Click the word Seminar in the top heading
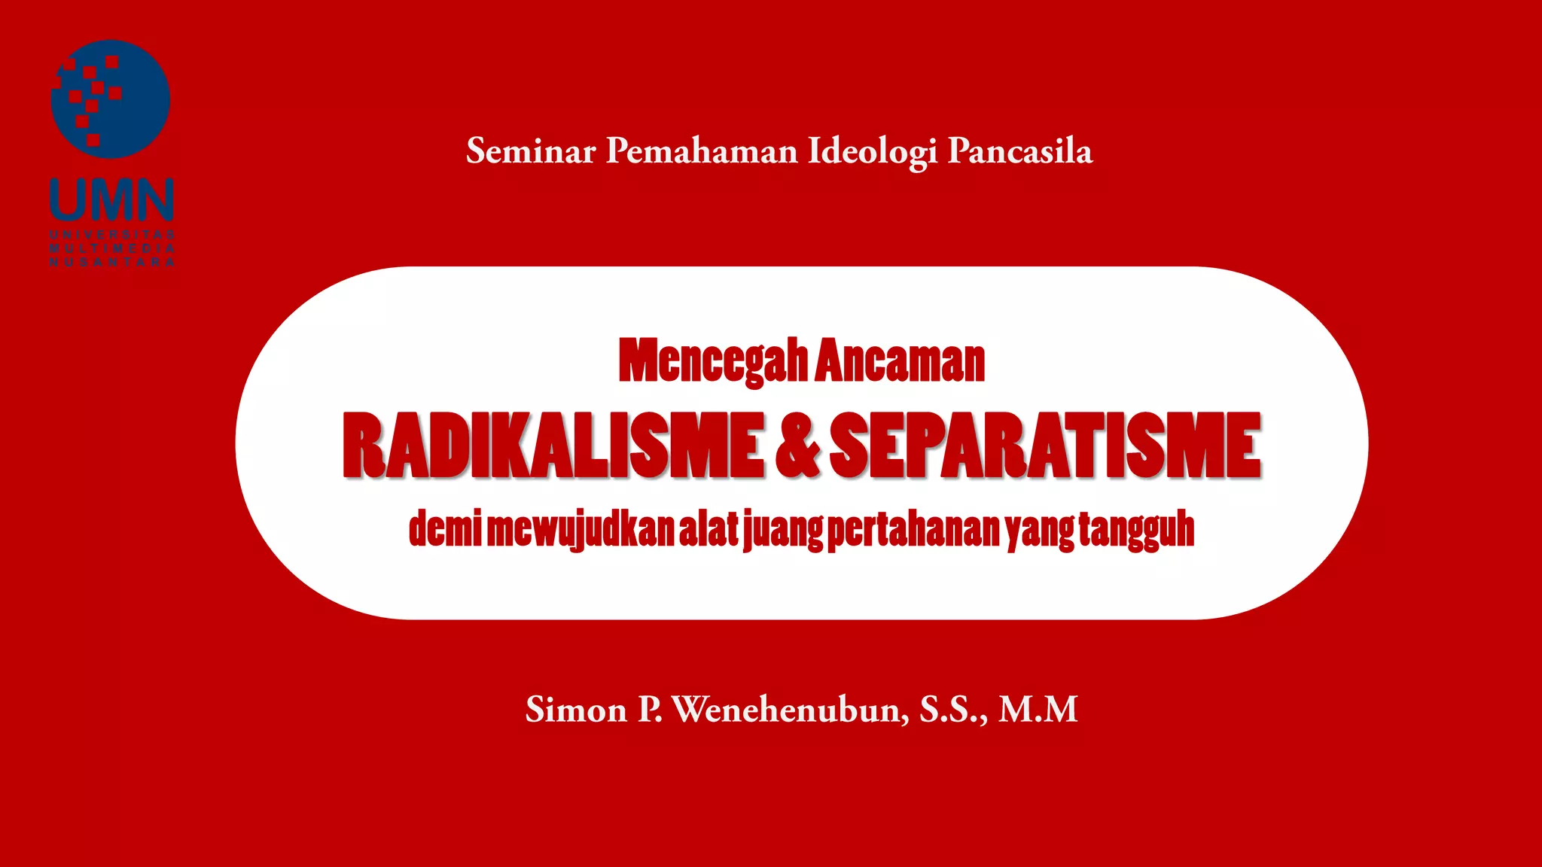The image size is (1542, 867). [x=531, y=151]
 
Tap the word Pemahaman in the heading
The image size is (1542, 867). [x=702, y=151]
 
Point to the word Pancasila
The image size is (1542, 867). [x=1020, y=151]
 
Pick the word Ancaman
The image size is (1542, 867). [x=900, y=362]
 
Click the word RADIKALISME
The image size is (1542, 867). [x=553, y=446]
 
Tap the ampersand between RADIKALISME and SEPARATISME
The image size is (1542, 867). [x=797, y=446]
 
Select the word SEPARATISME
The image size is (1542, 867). [x=1045, y=446]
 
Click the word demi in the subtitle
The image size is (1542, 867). [x=444, y=528]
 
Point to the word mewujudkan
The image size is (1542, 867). [x=581, y=530]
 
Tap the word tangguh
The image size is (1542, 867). [x=1136, y=530]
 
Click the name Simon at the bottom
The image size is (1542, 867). [x=576, y=710]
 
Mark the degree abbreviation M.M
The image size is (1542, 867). [x=1038, y=710]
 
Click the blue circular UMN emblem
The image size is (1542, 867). [x=111, y=99]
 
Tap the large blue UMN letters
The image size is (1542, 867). [x=112, y=199]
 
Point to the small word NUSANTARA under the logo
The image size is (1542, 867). [x=112, y=262]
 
